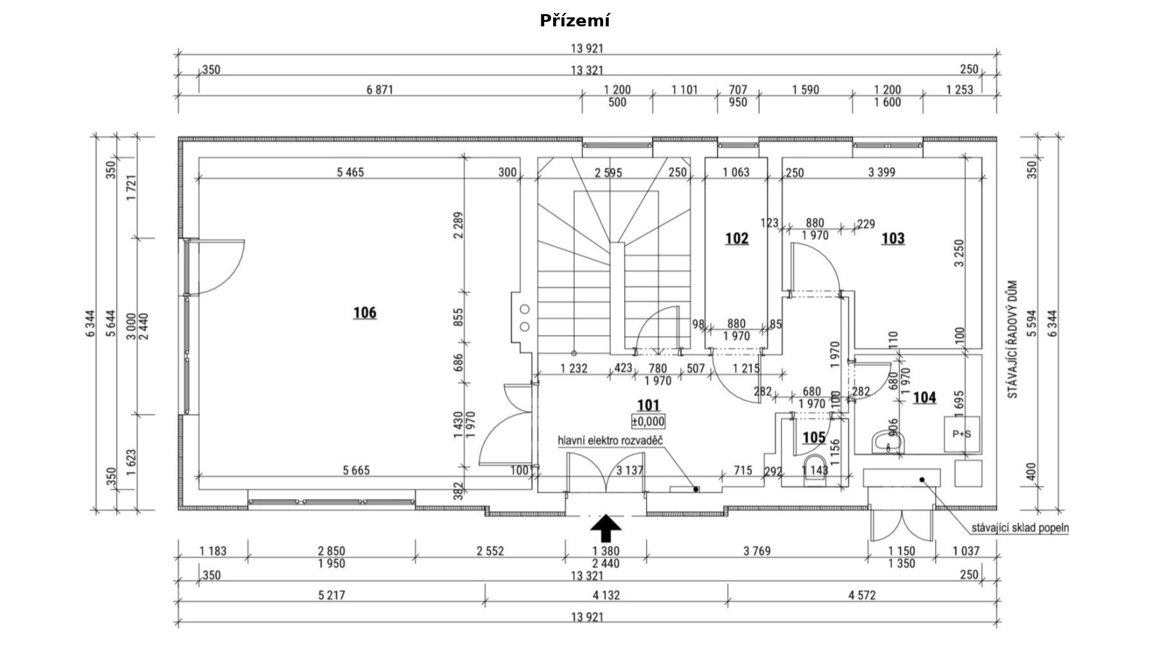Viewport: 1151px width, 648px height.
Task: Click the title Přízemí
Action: click(575, 21)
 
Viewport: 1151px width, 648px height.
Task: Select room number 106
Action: click(365, 313)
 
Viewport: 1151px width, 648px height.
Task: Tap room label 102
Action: click(737, 239)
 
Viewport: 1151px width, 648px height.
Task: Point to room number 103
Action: click(893, 239)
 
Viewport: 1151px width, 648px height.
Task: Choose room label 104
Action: click(924, 398)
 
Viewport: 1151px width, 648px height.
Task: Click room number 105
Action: click(814, 438)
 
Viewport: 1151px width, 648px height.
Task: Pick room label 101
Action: click(648, 405)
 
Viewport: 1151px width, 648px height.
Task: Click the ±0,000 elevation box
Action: click(648, 422)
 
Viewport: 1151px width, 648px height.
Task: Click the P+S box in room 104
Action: click(962, 434)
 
